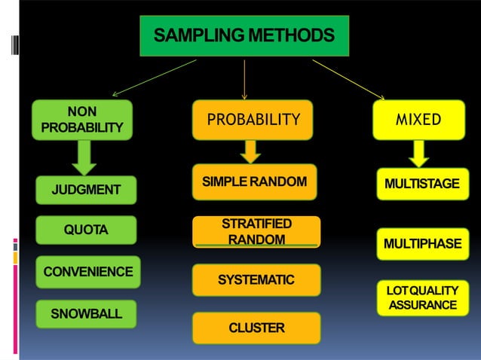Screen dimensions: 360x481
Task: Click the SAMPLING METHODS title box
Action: coord(244,35)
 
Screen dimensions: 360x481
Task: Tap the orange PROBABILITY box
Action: coord(253,120)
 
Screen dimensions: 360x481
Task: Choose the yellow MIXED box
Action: coord(419,120)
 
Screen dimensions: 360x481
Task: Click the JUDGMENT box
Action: coord(87,190)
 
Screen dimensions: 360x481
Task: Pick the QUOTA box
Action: coord(87,230)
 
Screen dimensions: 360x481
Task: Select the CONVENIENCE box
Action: coord(87,272)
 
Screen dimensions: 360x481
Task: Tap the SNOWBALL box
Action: coord(87,313)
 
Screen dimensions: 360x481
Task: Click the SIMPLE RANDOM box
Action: coord(254,182)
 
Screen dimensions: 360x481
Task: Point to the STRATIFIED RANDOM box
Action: coord(256,232)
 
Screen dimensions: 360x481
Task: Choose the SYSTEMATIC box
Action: coord(256,280)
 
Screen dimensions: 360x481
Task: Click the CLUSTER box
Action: coord(256,328)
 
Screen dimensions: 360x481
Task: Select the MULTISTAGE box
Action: coord(422,184)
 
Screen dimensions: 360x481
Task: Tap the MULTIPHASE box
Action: coord(422,243)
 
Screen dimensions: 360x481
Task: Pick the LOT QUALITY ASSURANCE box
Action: coord(422,297)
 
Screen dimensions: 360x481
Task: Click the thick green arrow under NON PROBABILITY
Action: coord(85,157)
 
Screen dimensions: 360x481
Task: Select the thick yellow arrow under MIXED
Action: coord(420,154)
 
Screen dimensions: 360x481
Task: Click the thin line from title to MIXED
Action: coord(348,79)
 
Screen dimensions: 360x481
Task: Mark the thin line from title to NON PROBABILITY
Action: coord(155,78)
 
